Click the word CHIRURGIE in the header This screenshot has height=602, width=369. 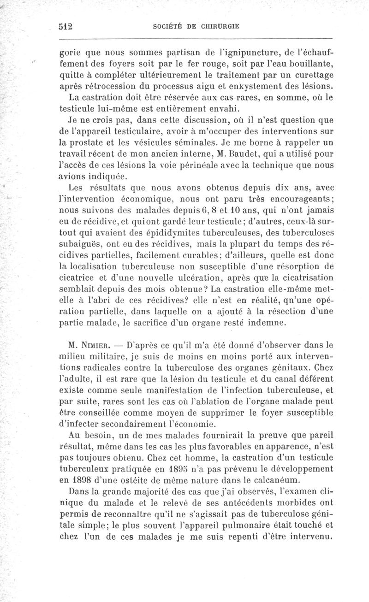pyautogui.click(x=215, y=26)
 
